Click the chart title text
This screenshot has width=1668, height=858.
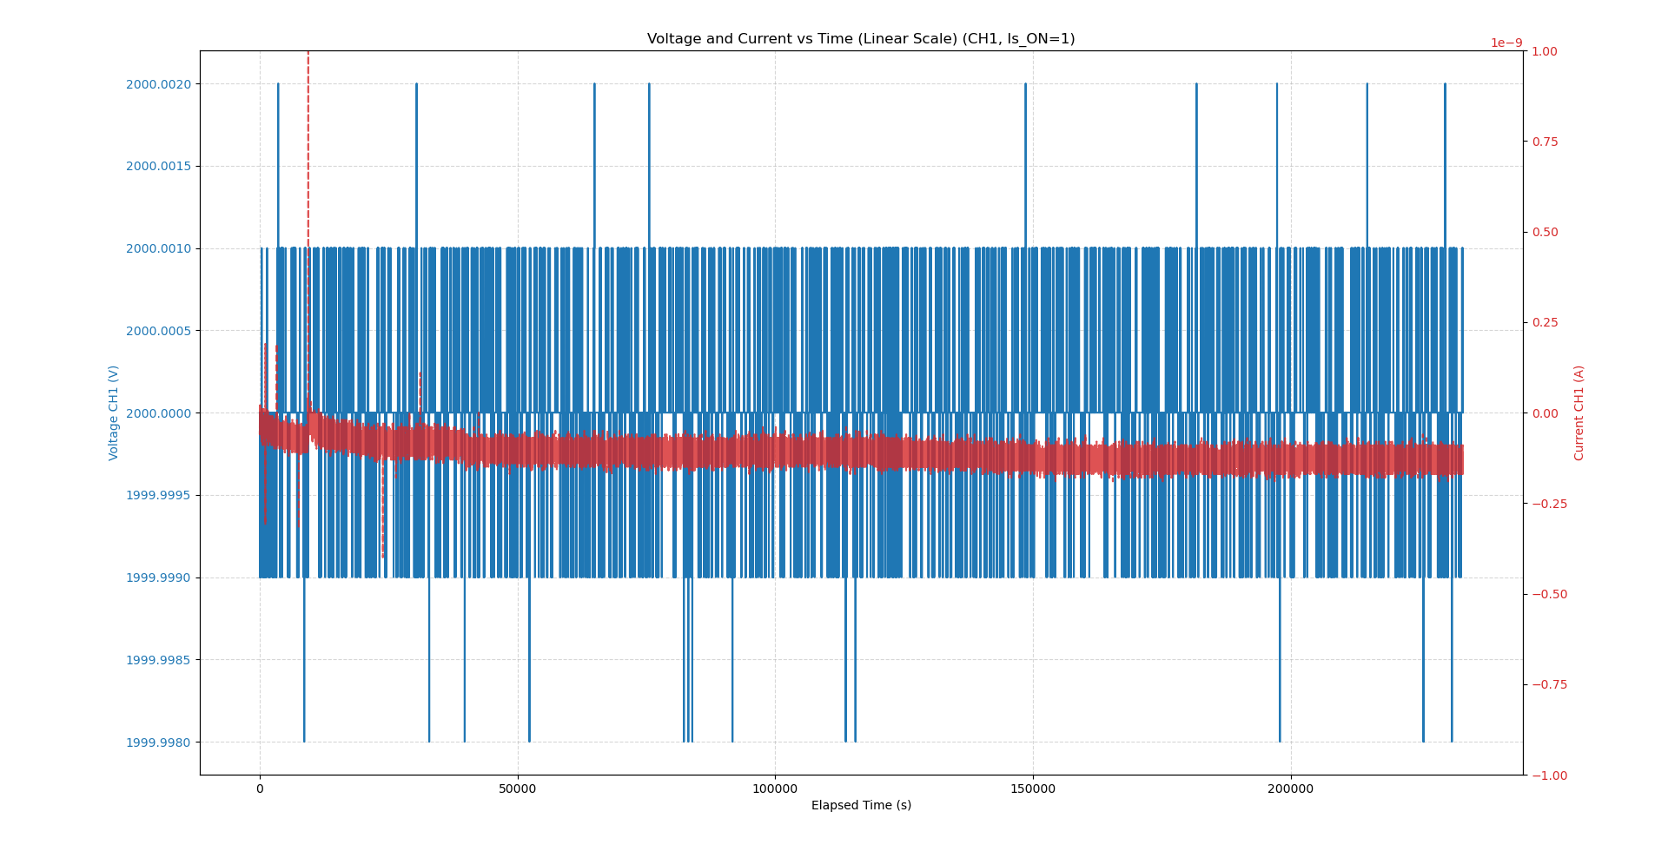pos(860,39)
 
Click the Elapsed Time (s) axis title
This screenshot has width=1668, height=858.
pos(861,806)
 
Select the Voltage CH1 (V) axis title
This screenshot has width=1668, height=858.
pos(114,412)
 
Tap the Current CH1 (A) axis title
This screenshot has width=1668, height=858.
pos(1579,412)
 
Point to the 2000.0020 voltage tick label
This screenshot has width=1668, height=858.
pos(158,84)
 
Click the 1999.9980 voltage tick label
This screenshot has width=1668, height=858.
pos(158,742)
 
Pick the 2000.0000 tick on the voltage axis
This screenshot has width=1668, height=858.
pos(158,413)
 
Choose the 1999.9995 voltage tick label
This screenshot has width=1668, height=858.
pos(158,496)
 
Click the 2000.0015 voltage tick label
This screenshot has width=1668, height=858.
pos(158,167)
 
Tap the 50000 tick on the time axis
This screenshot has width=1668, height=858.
pos(517,789)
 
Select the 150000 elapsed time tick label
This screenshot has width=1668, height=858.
pos(1033,789)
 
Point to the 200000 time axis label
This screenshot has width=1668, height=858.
pos(1290,789)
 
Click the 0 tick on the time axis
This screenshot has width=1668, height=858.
pos(260,789)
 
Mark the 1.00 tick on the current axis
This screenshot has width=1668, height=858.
pos(1545,51)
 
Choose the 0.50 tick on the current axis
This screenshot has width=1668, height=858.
pos(1545,232)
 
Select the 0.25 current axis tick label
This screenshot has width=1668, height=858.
pos(1545,323)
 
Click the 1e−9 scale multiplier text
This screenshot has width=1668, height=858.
pos(1506,43)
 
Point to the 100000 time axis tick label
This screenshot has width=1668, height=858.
pos(774,789)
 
